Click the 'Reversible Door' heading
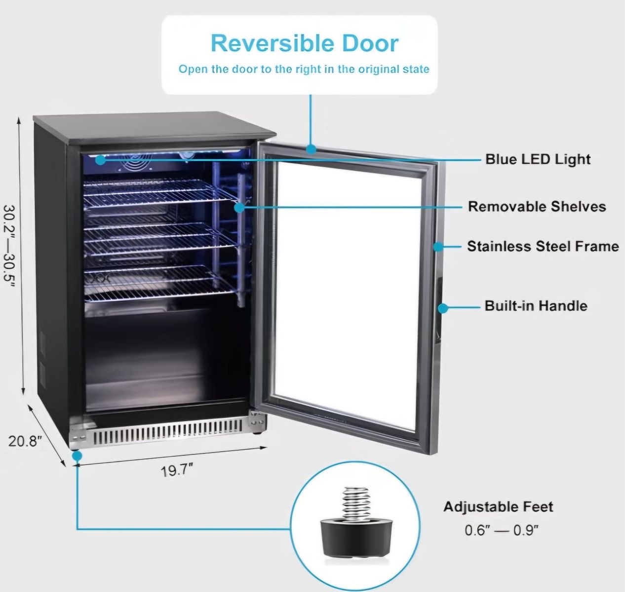pyautogui.click(x=305, y=43)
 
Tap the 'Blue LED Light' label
pyautogui.click(x=538, y=159)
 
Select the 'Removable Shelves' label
pyautogui.click(x=537, y=207)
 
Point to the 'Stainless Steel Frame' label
pyautogui.click(x=543, y=246)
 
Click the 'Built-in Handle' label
pyautogui.click(x=536, y=306)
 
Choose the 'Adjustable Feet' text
pyautogui.click(x=498, y=507)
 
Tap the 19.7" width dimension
pyautogui.click(x=177, y=470)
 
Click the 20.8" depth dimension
pyautogui.click(x=25, y=441)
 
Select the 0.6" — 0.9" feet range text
pyautogui.click(x=502, y=530)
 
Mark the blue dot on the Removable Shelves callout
pyautogui.click(x=239, y=208)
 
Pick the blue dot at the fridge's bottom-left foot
pyautogui.click(x=77, y=456)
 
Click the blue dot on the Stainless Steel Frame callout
pyautogui.click(x=438, y=247)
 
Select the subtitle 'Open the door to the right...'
pyautogui.click(x=304, y=69)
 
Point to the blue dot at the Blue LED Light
pyautogui.click(x=100, y=159)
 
